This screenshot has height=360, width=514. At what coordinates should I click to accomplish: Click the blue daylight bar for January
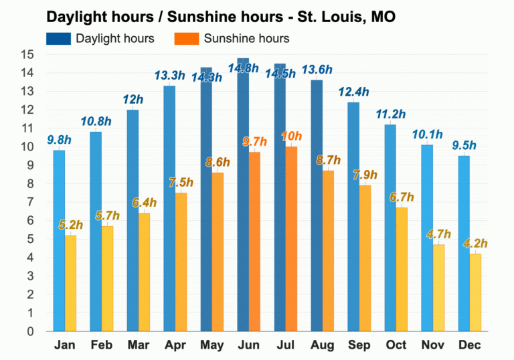(x=60, y=240)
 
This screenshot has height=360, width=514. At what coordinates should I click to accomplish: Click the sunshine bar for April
(x=181, y=262)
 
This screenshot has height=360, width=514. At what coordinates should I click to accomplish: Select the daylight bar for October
(x=390, y=228)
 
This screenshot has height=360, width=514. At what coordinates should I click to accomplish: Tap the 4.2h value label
(x=476, y=243)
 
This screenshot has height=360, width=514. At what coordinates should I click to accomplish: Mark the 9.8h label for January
(x=59, y=140)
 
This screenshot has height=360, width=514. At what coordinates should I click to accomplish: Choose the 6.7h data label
(x=402, y=197)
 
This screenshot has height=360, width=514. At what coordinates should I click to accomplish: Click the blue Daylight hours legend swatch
(x=58, y=38)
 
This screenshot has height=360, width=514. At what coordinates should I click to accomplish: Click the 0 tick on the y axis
(x=30, y=331)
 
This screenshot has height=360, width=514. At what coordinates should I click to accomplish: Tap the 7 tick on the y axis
(x=30, y=202)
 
